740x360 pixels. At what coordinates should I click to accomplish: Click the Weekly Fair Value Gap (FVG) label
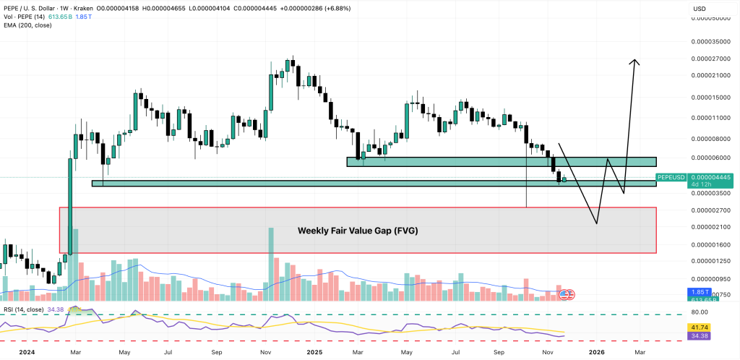tap(358, 231)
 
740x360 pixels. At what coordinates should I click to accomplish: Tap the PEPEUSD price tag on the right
tap(673, 177)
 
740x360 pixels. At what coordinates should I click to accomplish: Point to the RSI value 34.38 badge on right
tap(699, 335)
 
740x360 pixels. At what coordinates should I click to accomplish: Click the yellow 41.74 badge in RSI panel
tap(699, 327)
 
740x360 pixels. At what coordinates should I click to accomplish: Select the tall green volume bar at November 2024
tap(271, 264)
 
